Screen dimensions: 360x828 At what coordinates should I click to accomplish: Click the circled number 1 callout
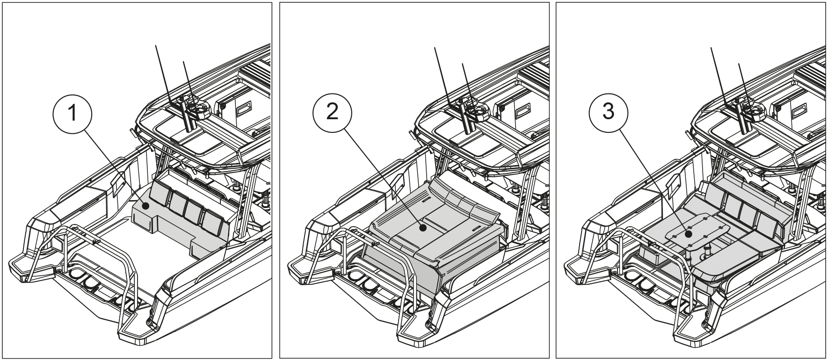73,114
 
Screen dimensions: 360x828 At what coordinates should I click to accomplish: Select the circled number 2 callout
333,114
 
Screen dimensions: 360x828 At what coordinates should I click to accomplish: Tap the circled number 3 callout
608,114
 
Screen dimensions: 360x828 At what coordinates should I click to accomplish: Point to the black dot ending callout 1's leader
145,205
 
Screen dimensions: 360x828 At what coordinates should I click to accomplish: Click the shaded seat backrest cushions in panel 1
187,206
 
